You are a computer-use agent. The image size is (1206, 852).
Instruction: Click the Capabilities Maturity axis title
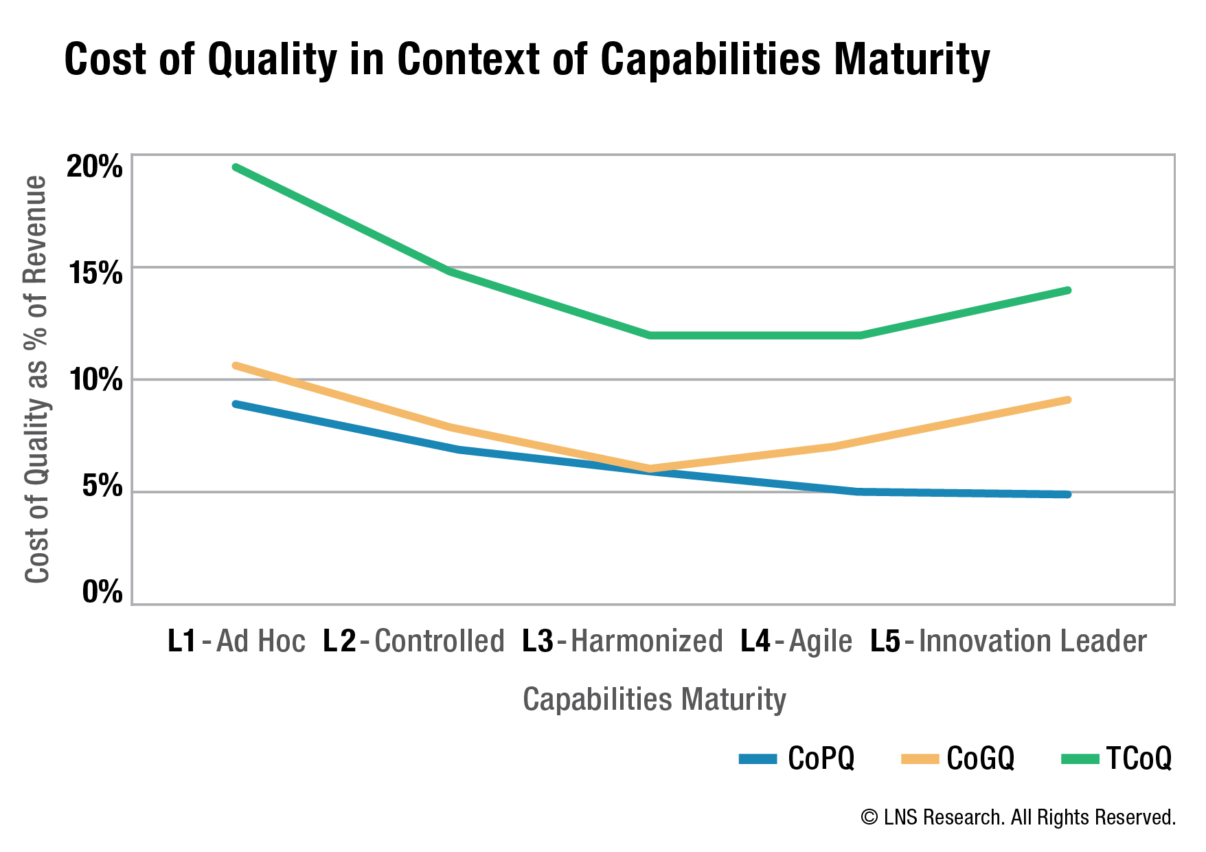pyautogui.click(x=654, y=699)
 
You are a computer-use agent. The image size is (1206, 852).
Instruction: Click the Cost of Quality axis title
pyautogui.click(x=36, y=380)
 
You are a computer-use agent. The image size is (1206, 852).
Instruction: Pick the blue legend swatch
pyautogui.click(x=758, y=759)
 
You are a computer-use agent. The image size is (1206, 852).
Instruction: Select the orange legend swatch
pyautogui.click(x=920, y=759)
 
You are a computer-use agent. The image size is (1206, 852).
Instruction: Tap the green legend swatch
pyautogui.click(x=1080, y=759)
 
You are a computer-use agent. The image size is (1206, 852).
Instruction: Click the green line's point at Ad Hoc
pyautogui.click(x=236, y=167)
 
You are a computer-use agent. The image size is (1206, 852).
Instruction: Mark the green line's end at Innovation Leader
pyautogui.click(x=1069, y=290)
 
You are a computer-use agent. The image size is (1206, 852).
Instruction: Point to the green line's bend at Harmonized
pyautogui.click(x=650, y=335)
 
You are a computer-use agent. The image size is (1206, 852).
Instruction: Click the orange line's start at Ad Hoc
pyautogui.click(x=236, y=365)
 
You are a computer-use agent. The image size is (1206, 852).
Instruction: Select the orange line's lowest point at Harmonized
pyautogui.click(x=650, y=468)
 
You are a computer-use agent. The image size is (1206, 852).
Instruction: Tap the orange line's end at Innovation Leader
pyautogui.click(x=1069, y=400)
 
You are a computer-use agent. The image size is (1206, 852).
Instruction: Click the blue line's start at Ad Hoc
pyautogui.click(x=236, y=404)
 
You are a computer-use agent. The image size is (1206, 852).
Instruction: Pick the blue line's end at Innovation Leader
pyautogui.click(x=1069, y=495)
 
